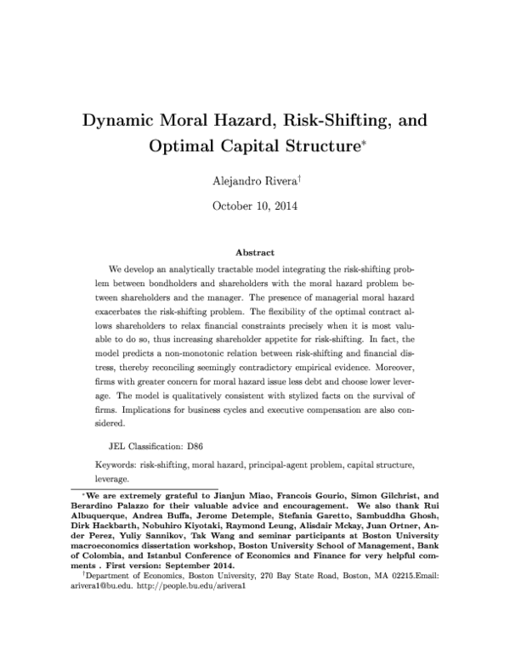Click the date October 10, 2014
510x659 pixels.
(254, 205)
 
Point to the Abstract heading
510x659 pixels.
(254, 252)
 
